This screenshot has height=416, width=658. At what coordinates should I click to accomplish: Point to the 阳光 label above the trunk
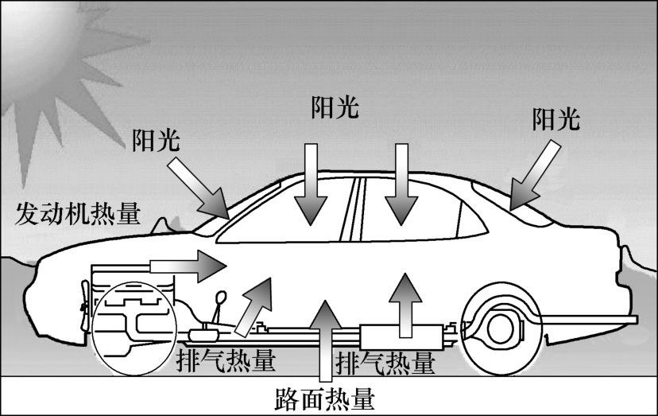(556, 120)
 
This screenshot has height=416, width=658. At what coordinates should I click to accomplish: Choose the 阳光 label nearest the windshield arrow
(157, 141)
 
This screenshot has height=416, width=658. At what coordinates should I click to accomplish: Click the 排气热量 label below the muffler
(386, 364)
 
